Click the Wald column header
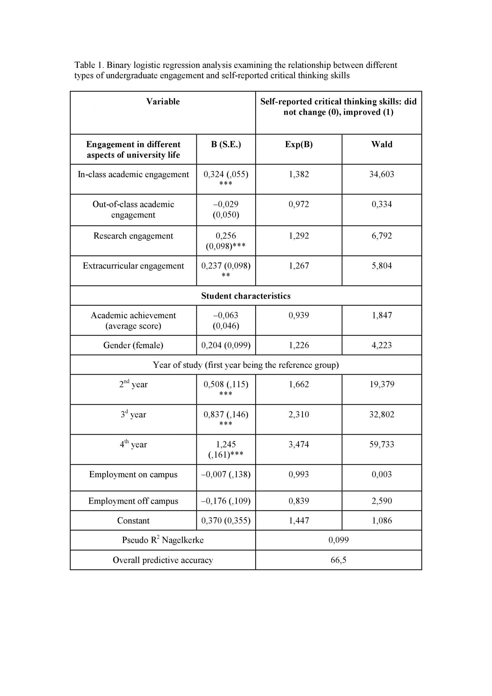tap(382, 144)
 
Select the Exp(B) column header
tap(299, 144)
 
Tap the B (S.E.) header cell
tap(226, 144)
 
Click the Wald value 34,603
tap(382, 174)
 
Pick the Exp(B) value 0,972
tap(299, 204)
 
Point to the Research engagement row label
tap(133, 236)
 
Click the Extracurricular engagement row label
tap(133, 266)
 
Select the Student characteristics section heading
tap(246, 296)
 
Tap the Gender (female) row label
tap(133, 345)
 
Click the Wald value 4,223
tap(382, 345)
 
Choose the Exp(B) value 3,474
tap(299, 444)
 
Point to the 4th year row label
tap(133, 444)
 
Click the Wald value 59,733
tap(382, 444)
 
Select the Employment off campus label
tap(133, 501)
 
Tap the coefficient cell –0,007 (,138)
tap(226, 474)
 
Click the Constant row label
tap(133, 520)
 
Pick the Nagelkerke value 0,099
tap(338, 540)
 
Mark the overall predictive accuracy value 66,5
tap(338, 560)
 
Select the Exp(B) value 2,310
tap(299, 414)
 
